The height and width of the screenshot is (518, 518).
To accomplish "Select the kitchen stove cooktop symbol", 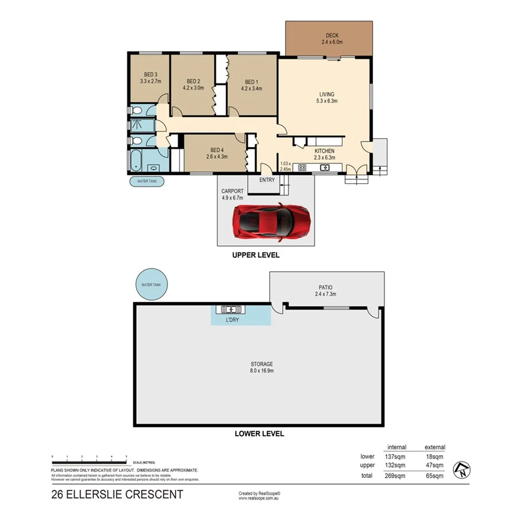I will point(303,167).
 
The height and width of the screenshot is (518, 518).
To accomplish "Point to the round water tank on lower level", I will point(151,285).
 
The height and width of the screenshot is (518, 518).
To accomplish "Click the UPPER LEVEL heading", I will point(256,256).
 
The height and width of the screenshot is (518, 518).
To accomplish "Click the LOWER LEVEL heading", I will point(259,434).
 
